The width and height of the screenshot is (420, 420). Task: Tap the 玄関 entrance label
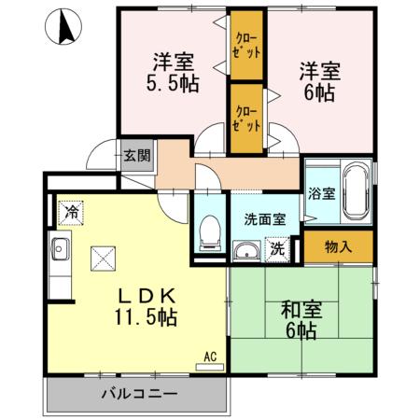point(136,156)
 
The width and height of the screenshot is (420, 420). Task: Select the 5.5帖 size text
point(172,83)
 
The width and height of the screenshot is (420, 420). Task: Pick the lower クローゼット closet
point(247,118)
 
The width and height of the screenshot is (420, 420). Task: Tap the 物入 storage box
point(338,246)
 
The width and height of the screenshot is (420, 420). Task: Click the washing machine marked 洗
point(277,249)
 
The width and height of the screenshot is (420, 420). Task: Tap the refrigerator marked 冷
point(71,212)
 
